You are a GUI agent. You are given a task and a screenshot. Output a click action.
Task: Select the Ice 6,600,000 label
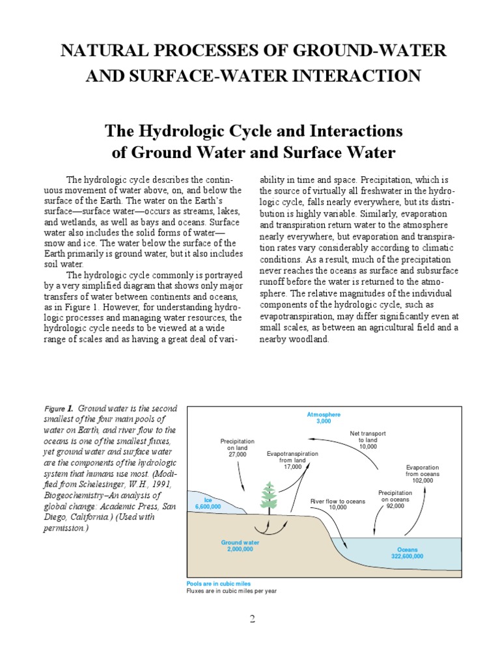click(208, 502)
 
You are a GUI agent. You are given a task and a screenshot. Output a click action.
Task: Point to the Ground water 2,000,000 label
click(240, 546)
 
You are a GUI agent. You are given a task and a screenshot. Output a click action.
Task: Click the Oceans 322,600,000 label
click(408, 553)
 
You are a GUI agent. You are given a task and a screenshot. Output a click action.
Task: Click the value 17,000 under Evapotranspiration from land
click(293, 466)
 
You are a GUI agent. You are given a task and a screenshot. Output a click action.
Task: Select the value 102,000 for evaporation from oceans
click(423, 481)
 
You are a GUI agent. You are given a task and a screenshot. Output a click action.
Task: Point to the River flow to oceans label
click(338, 501)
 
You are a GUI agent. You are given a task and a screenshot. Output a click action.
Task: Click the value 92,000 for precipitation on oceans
click(395, 506)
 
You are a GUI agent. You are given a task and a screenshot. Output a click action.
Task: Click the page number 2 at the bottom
click(253, 619)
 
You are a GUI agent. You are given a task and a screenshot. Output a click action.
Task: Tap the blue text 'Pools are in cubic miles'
click(218, 584)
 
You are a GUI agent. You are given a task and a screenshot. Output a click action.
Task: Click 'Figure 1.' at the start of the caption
click(59, 408)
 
